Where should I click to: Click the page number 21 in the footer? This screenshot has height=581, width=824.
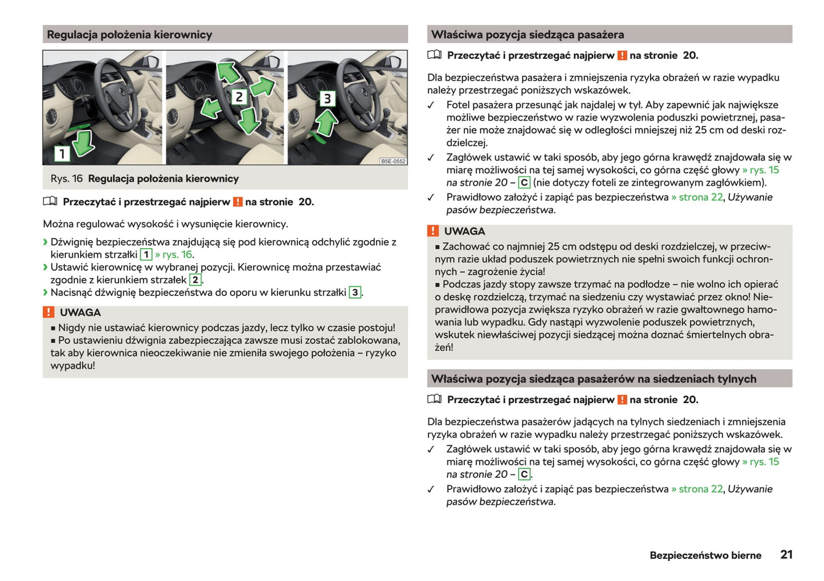coord(786,554)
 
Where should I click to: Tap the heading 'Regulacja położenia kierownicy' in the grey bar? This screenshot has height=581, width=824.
coord(129,35)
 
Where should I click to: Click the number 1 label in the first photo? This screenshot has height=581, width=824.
coord(62,153)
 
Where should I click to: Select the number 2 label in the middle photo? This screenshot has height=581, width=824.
coord(240,97)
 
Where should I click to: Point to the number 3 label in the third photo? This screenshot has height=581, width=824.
coord(327,99)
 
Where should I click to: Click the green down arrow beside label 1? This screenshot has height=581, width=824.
coord(84,143)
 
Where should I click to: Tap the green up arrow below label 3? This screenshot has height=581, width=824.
coord(326,123)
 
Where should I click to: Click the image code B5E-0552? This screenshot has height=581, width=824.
coord(393,161)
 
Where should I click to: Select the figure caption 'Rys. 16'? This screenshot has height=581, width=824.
coord(66,179)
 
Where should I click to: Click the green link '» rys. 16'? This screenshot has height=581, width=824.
coord(174,255)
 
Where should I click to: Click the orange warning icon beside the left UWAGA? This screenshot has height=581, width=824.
coord(49,312)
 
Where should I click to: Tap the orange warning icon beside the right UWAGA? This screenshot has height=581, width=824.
coord(433,231)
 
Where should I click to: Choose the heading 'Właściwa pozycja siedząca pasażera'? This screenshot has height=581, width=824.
coord(527,35)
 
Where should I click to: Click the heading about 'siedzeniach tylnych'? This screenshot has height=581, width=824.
coord(594,379)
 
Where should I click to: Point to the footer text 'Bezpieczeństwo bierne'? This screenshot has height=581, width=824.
coord(705,555)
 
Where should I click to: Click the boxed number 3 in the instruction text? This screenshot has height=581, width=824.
coord(355,292)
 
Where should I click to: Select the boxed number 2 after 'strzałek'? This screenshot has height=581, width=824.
coord(195,280)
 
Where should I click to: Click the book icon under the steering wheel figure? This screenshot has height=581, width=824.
coord(50,201)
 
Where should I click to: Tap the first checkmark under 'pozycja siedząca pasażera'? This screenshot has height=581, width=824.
coord(431,105)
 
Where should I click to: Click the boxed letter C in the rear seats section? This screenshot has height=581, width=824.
coord(524,474)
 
